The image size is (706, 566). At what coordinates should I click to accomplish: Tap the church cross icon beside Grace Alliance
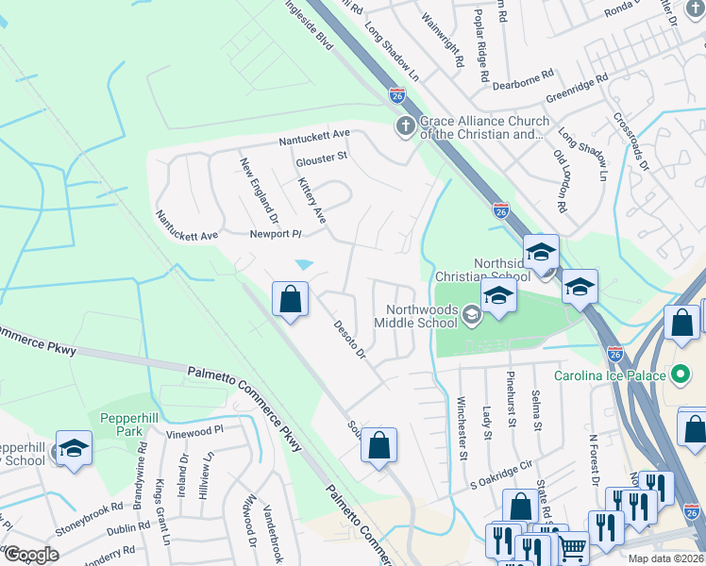point(406,126)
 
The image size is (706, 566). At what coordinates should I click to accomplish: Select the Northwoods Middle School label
point(415,316)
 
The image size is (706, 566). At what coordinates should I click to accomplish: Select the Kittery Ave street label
point(311,199)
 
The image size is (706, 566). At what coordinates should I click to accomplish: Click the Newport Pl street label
point(275,233)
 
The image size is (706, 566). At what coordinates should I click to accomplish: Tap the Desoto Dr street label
point(348,340)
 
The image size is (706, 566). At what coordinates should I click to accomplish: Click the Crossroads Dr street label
point(630,141)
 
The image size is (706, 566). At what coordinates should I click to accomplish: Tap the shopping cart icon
point(573,547)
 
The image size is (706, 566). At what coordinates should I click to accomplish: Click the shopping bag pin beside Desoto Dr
point(291,300)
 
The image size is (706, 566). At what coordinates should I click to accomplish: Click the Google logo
point(32,555)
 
